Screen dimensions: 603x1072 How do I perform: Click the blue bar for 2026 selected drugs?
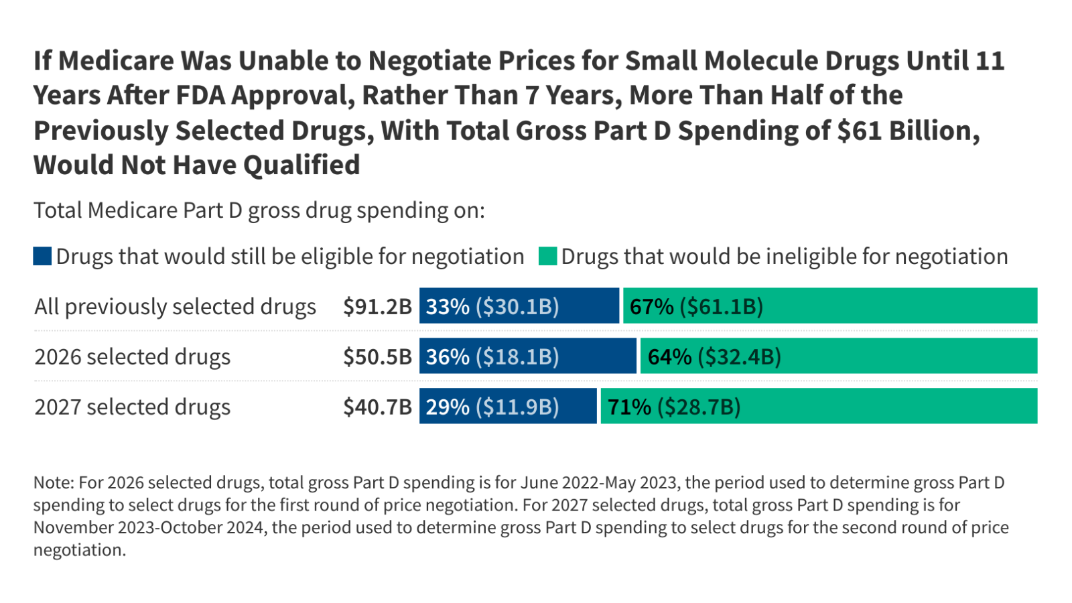pos(527,356)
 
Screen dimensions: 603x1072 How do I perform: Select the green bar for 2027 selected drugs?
pos(819,406)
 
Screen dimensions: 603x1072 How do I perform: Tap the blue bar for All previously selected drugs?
pos(519,306)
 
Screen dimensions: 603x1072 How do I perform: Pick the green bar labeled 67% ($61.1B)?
pos(830,306)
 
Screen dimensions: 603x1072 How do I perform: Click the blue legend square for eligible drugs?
pos(42,256)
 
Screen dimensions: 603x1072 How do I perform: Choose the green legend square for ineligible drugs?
pos(547,256)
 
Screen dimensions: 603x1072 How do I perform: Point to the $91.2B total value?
pos(377,306)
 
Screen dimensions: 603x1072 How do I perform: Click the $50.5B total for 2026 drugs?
pos(377,356)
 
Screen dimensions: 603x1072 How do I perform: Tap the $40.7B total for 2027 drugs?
pos(377,407)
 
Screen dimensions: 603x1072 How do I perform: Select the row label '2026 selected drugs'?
pos(133,356)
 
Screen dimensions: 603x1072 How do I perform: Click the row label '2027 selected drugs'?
pos(133,407)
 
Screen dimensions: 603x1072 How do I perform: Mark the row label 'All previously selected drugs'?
pos(175,306)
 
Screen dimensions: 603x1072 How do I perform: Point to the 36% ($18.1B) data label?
pos(492,356)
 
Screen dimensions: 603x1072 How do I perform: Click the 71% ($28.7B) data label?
pos(674,407)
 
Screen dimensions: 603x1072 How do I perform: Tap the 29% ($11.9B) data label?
pos(492,407)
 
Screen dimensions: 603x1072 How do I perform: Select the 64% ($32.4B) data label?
pos(714,356)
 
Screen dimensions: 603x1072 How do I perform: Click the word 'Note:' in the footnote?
pos(54,482)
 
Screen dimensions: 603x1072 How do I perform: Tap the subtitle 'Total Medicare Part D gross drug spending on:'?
pos(259,210)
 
